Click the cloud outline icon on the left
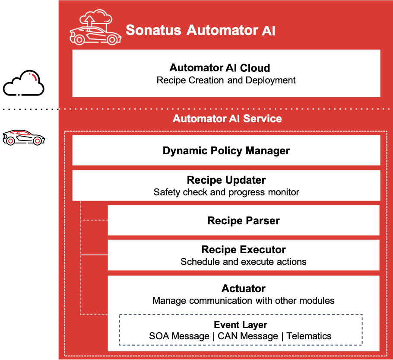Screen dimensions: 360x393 coord(24,83)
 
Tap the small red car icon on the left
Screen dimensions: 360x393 coord(24,137)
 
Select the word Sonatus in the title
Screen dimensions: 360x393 coord(154,31)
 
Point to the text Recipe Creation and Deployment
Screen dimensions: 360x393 coord(226,80)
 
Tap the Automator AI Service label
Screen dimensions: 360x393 coord(227,118)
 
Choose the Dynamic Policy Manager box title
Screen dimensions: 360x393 coord(226,151)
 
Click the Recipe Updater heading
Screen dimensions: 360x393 coord(226,180)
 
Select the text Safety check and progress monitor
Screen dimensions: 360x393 coord(226,192)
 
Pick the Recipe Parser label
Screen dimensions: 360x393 coord(244,221)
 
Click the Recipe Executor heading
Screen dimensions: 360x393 coord(244,249)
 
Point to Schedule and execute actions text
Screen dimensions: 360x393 coord(244,261)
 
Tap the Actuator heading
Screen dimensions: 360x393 coord(244,288)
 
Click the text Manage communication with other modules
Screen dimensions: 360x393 coord(244,300)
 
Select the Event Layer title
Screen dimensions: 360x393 coord(241,325)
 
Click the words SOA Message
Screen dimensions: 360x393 coord(179,336)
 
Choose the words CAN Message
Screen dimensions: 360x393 coord(247,336)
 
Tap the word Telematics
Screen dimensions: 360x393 coord(309,336)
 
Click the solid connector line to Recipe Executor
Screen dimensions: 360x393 coord(94,255)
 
